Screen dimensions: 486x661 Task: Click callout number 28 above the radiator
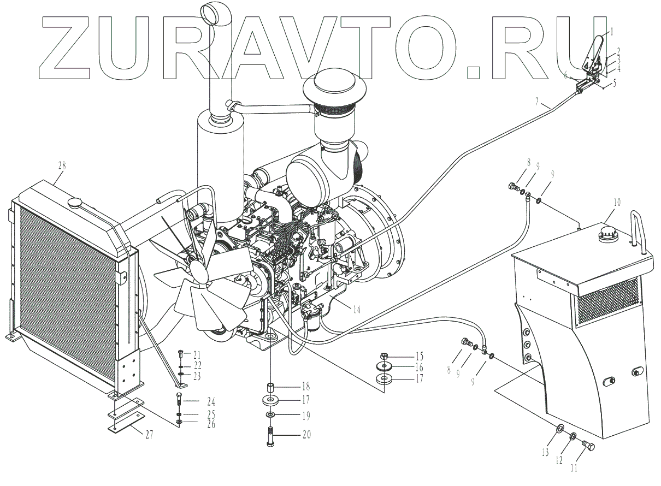tap(60, 165)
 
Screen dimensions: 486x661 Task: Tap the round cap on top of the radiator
tap(75, 203)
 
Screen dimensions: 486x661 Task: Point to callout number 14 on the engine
tap(356, 310)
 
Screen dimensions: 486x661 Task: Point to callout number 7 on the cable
tap(538, 102)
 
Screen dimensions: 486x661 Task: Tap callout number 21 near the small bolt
tap(197, 354)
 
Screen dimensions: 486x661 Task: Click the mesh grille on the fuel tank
tap(607, 299)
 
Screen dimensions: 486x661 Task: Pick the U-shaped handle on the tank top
tap(639, 229)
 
